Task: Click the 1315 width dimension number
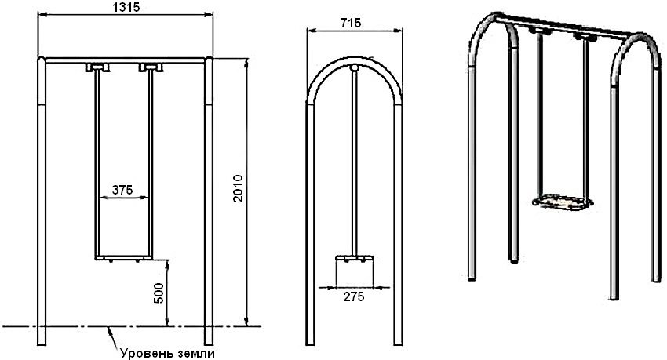tap(126, 7)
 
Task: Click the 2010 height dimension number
tap(239, 188)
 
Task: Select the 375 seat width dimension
tap(122, 189)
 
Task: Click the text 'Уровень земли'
tap(167, 352)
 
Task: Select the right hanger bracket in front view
tap(148, 68)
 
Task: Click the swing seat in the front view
tap(122, 258)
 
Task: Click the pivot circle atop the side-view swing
tap(355, 69)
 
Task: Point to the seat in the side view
tap(355, 258)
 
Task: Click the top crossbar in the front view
tap(126, 60)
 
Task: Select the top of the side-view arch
tap(355, 60)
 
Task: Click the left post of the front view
tap(42, 196)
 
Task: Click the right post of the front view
tap(209, 196)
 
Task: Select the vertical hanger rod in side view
tap(355, 157)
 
